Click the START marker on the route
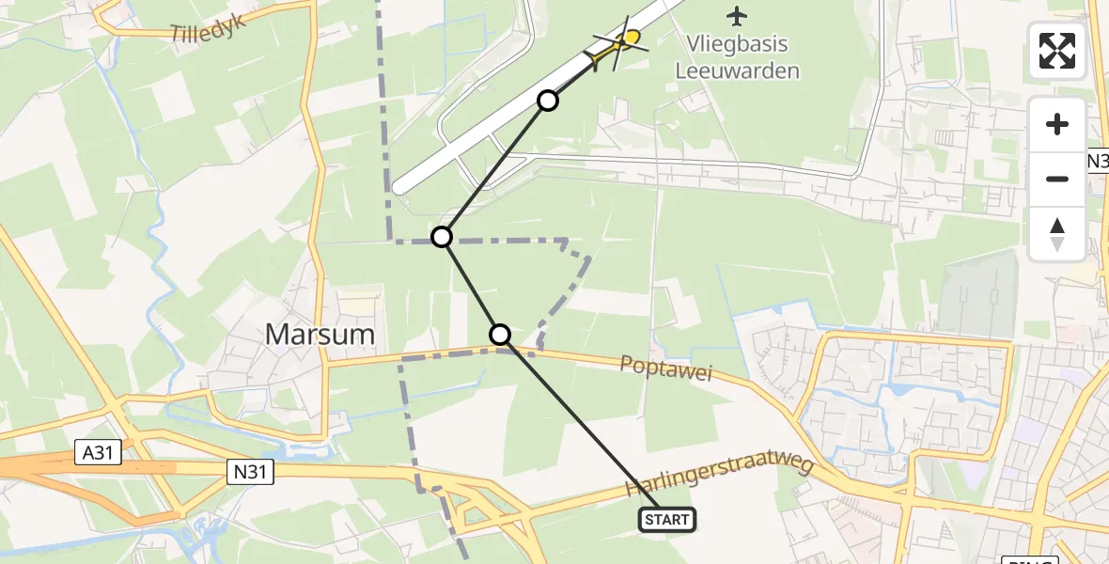click(x=667, y=519)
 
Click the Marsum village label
click(x=320, y=334)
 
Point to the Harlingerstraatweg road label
click(x=719, y=479)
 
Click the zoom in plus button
click(x=1057, y=124)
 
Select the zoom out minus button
click(x=1057, y=179)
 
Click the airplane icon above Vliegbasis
click(x=738, y=16)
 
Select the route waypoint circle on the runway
click(x=548, y=100)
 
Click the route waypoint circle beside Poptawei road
click(x=500, y=334)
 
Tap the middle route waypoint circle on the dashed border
click(x=442, y=236)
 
